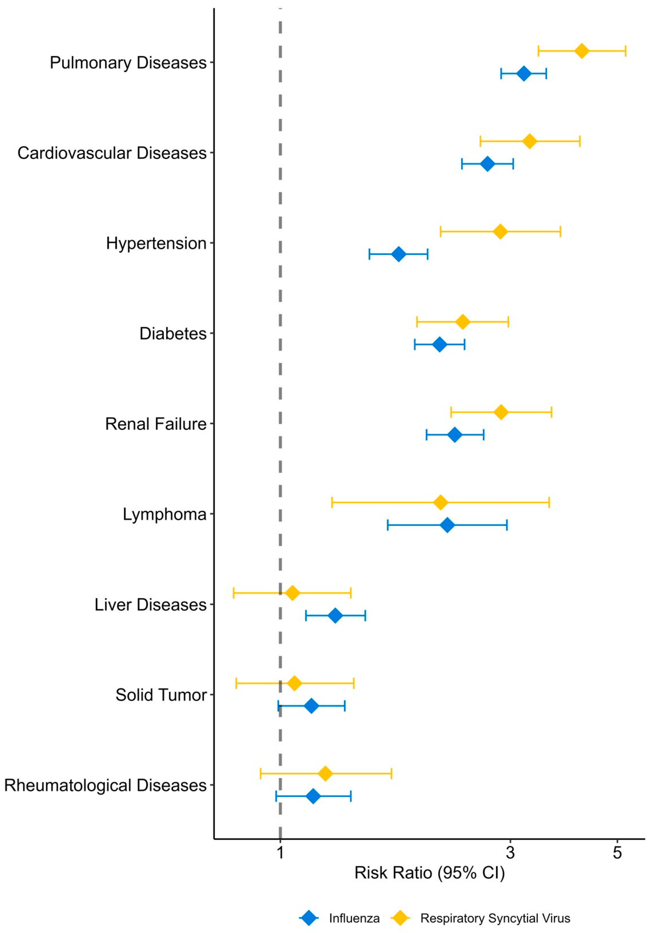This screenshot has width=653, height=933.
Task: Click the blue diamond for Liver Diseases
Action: point(335,616)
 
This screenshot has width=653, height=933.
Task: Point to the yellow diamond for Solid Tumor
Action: point(294,683)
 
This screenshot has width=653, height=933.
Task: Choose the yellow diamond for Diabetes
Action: point(462,322)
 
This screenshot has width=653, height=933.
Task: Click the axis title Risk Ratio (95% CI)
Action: point(429,873)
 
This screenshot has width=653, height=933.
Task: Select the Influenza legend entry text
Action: point(354,918)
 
